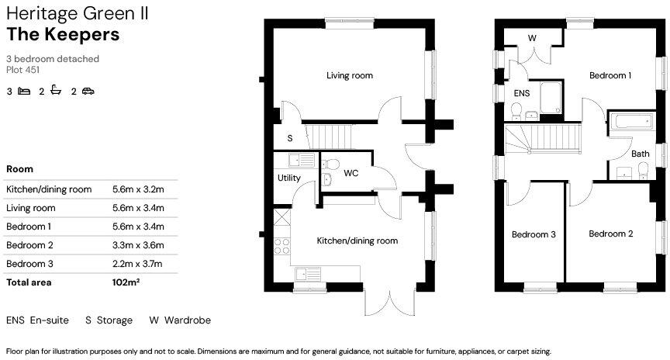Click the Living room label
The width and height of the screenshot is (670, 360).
coord(349,76)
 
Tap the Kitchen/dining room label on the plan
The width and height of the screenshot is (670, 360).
coord(357,241)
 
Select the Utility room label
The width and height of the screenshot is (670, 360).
coord(288,178)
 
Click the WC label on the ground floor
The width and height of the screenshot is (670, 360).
coord(351,172)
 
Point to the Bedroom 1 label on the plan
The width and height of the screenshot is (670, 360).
coord(610,76)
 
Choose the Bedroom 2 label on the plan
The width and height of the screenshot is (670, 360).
coord(610,234)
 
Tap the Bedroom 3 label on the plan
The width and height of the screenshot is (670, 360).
coord(534,234)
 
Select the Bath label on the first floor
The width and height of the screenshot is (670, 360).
coord(641,154)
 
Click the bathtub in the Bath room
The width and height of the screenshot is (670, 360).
coord(631,122)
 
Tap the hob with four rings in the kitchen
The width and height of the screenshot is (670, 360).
coord(282,247)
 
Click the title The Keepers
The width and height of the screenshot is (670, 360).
coord(63,34)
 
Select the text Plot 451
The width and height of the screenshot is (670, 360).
coord(22,70)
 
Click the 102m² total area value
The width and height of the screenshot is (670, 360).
coord(126,282)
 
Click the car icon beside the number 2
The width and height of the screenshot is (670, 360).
coord(88,92)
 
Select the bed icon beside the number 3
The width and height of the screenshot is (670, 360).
coord(24,92)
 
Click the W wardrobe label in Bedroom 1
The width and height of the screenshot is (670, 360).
coord(532,38)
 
